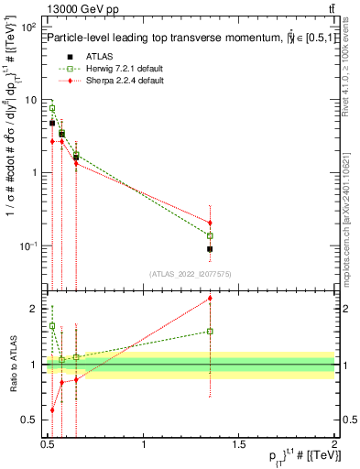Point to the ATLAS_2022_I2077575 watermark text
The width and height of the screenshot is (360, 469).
click(x=190, y=273)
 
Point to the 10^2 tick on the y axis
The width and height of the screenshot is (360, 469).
click(x=30, y=27)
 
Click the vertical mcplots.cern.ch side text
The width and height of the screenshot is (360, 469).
click(x=352, y=229)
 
